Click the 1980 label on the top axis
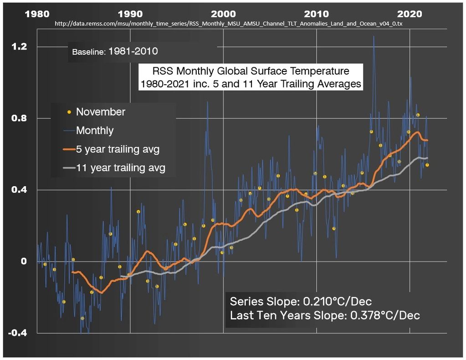pos(37,14)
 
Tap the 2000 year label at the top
pos(223,14)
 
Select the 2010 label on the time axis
pos(316,14)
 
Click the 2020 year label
pos(410,14)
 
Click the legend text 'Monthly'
pos(94,131)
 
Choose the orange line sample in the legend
pos(68,149)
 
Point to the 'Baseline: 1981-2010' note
pos(115,51)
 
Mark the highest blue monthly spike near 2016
pos(374,36)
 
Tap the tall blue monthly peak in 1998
pos(207,102)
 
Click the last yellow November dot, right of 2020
pos(427,165)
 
